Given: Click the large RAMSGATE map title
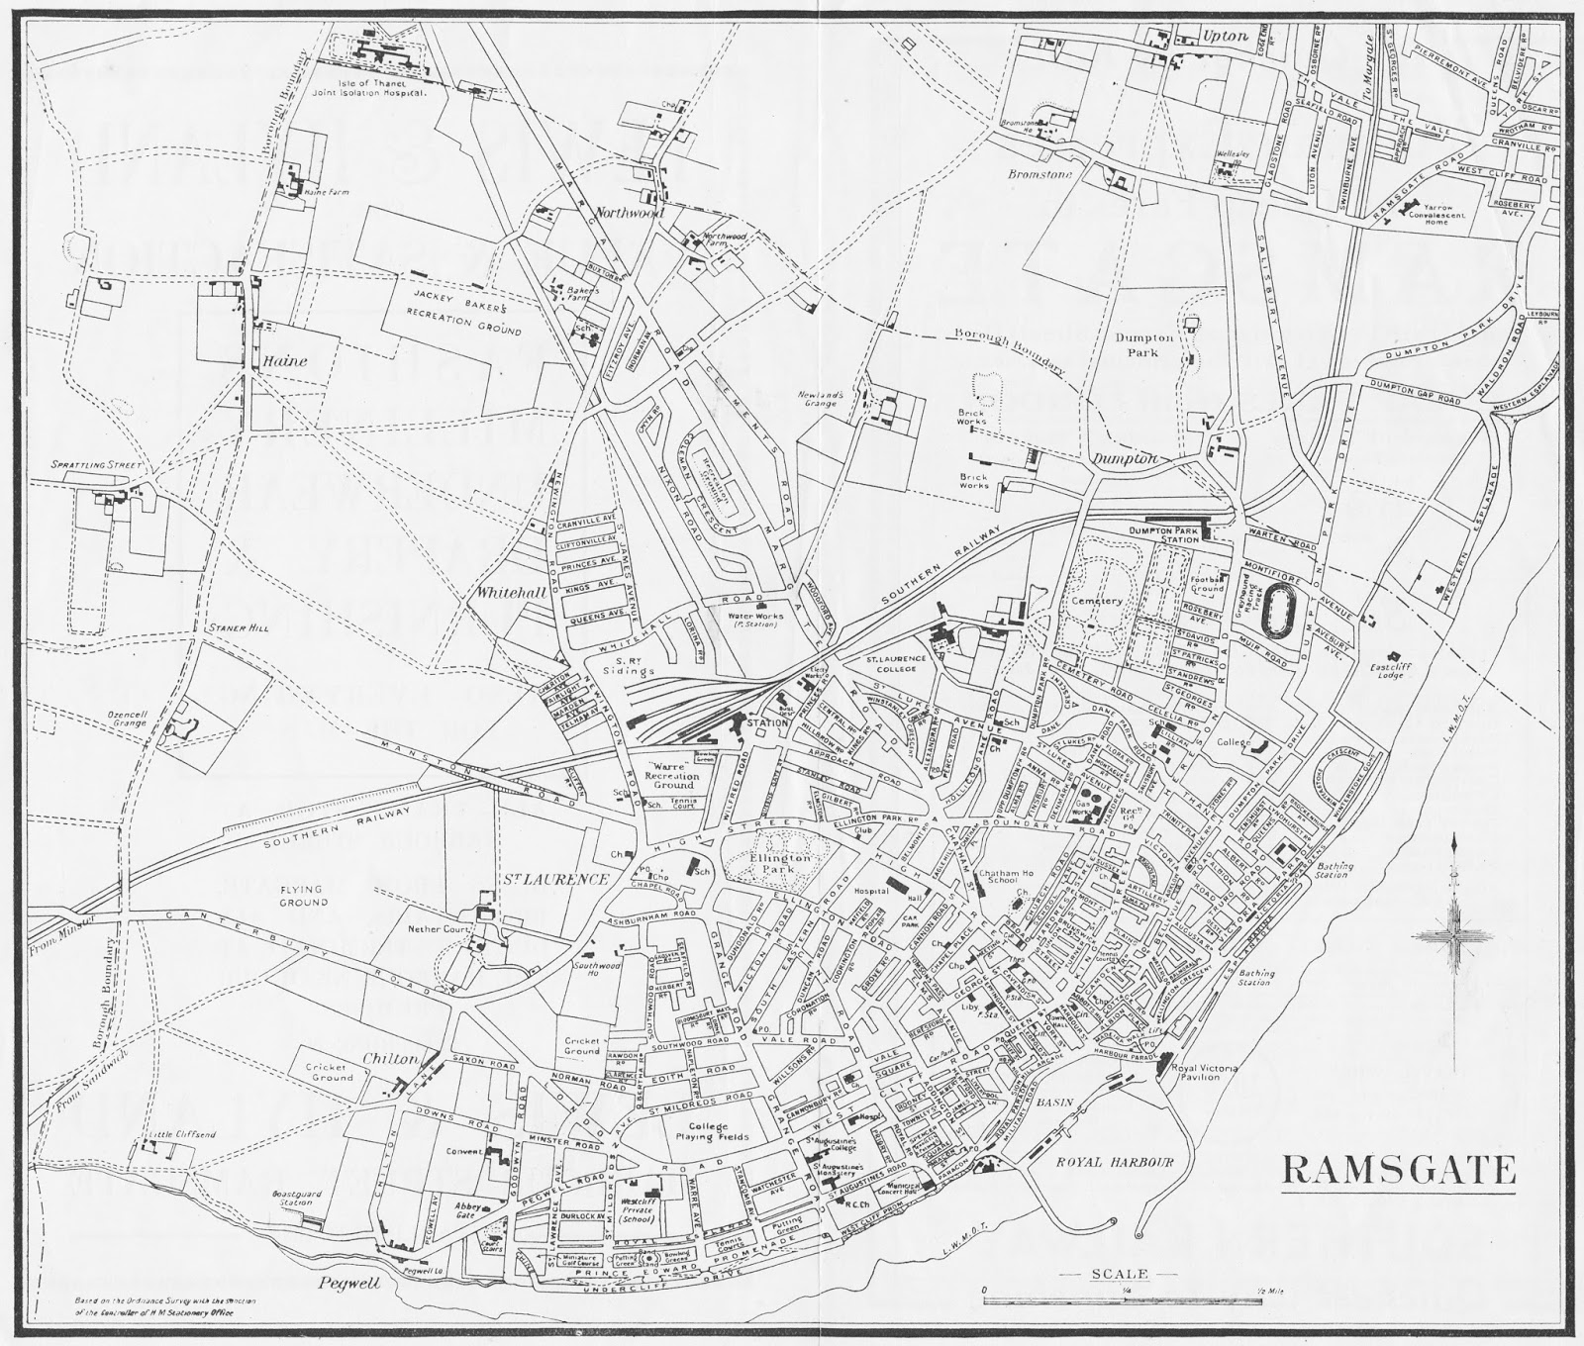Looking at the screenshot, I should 1399,1170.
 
